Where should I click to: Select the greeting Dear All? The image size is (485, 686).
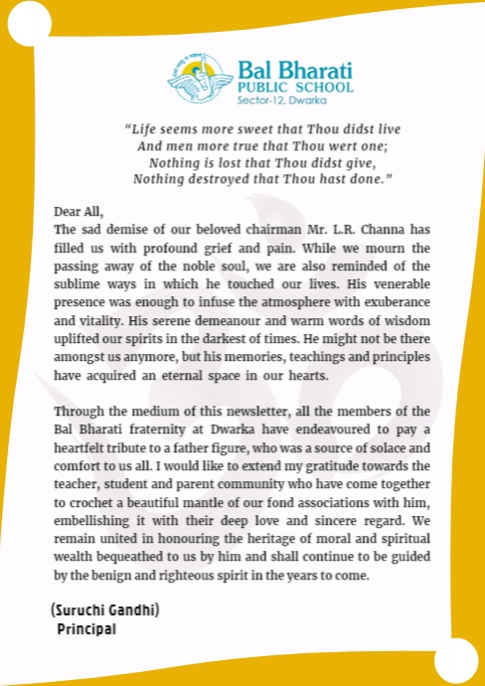coord(78,211)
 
